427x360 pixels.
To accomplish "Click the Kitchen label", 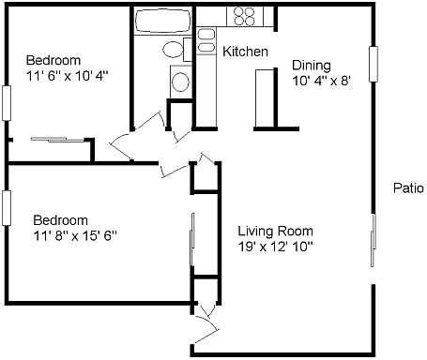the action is click(245, 52).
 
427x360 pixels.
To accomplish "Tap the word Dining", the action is click(312, 66).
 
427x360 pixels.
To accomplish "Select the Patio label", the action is click(408, 188).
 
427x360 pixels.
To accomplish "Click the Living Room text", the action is click(275, 232).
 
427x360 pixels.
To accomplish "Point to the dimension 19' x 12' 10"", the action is click(275, 247).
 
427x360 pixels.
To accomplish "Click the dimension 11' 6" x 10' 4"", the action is click(68, 76).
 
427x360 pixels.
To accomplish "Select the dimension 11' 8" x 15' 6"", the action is click(75, 236).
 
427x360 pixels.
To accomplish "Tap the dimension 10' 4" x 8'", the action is click(321, 81).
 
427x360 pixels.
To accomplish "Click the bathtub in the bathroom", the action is click(163, 21).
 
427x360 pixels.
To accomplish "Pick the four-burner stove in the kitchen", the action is click(245, 16).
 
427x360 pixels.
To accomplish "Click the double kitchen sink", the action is click(206, 40).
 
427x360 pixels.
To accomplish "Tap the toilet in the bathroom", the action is click(174, 49).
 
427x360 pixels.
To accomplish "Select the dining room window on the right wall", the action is click(374, 64).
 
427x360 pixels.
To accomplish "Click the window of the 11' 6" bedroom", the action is click(7, 103).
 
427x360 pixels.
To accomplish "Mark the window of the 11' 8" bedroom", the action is click(7, 208).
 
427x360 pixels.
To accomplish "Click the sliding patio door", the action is click(374, 241).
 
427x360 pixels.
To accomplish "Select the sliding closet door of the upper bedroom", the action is click(58, 140).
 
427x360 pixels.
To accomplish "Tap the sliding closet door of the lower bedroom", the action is click(192, 240).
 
